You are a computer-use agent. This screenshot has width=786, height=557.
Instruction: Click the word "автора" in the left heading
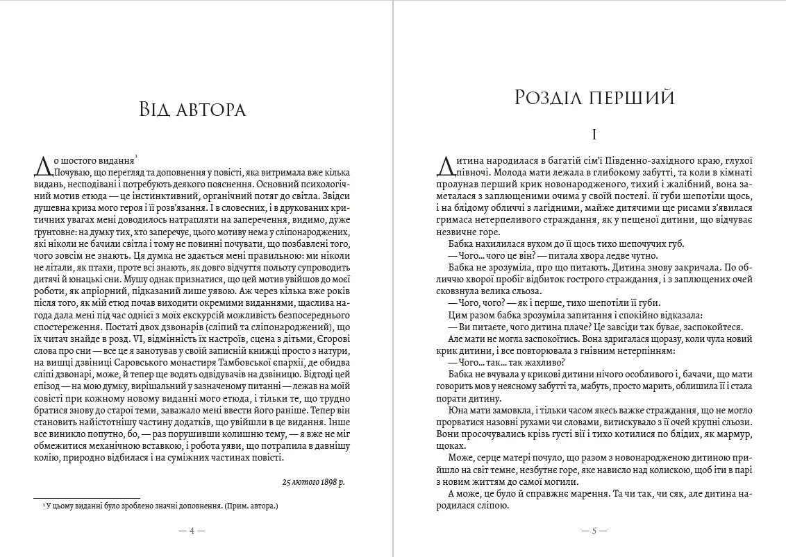[x=212, y=109]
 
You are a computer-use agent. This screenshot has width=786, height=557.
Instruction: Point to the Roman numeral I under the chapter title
[x=594, y=134]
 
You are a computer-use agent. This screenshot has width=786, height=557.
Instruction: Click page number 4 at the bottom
[x=192, y=531]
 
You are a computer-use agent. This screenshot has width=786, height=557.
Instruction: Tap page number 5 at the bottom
[x=594, y=531]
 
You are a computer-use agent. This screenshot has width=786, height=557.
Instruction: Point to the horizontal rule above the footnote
[x=87, y=497]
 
